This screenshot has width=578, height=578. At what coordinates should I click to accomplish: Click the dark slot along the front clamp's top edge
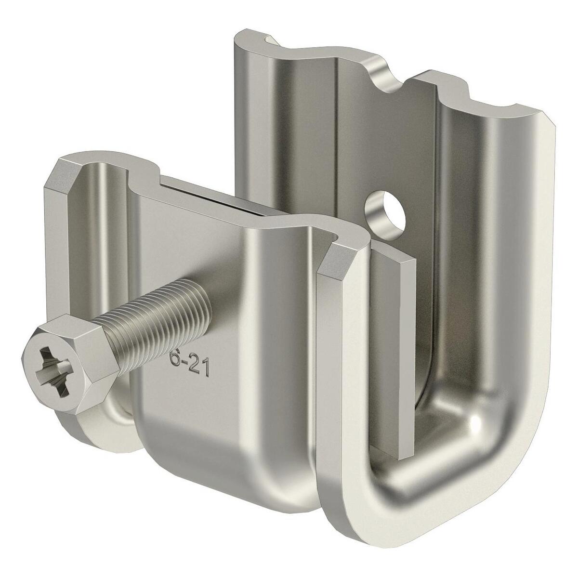(212, 190)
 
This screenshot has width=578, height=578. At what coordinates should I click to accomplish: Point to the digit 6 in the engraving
(172, 359)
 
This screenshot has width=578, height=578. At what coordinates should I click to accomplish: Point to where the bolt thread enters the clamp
(205, 301)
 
